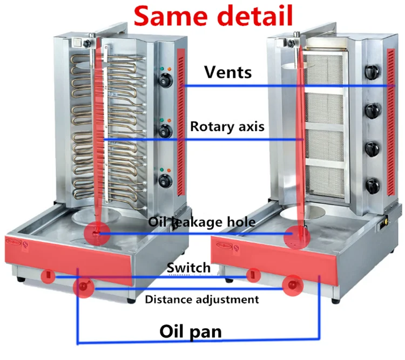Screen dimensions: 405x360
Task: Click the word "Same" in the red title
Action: tap(171, 16)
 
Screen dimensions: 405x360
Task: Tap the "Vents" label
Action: tap(228, 72)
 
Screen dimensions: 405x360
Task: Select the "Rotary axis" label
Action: tap(227, 126)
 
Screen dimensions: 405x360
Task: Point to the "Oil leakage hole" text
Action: tap(202, 222)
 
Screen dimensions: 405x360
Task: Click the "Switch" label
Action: tap(188, 268)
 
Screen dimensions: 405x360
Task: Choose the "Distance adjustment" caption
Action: tap(202, 300)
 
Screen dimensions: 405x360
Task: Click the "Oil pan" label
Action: tap(191, 331)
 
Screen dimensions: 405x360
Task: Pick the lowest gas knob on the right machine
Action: tap(373, 186)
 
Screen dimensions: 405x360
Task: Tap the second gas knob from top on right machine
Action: tap(373, 111)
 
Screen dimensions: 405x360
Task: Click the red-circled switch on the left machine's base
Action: tap(48, 276)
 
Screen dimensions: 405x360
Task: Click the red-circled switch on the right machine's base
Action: tap(253, 275)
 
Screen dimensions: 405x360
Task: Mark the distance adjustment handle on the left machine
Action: tap(83, 287)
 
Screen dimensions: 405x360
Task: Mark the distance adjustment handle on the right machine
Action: tap(292, 286)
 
